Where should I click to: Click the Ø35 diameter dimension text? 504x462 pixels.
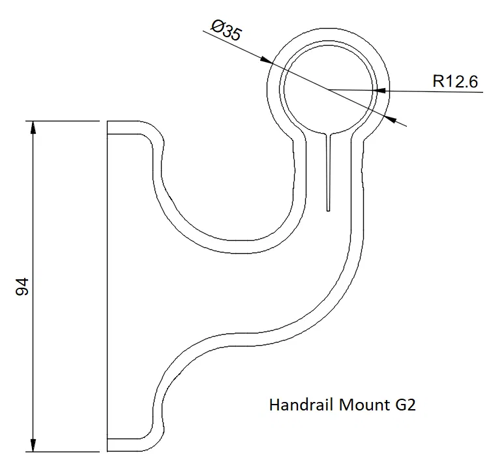coord(226,30)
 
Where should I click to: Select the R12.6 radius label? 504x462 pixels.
coord(456,82)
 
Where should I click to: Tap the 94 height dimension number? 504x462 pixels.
coord(22,286)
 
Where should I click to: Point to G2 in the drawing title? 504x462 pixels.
coord(405,405)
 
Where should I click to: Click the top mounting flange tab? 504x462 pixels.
coord(124,128)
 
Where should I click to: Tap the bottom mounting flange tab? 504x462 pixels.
coord(124,444)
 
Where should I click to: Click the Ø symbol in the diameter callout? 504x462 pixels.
coord(218,26)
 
